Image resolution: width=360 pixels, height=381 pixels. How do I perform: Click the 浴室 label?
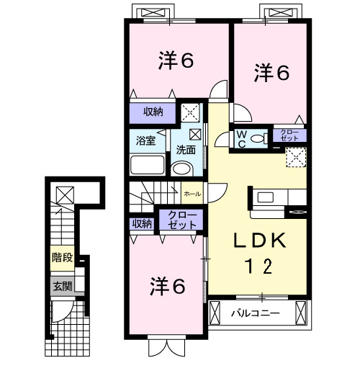click(x=146, y=140)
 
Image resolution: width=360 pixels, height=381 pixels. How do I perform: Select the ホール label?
click(x=192, y=194)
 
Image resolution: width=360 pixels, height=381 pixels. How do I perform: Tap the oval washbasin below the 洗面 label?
click(x=183, y=169)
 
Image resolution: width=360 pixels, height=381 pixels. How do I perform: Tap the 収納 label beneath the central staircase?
click(x=142, y=223)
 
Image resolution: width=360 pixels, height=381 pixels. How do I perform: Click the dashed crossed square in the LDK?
click(x=296, y=156)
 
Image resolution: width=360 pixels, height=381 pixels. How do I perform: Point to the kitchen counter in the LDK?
click(x=277, y=197)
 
